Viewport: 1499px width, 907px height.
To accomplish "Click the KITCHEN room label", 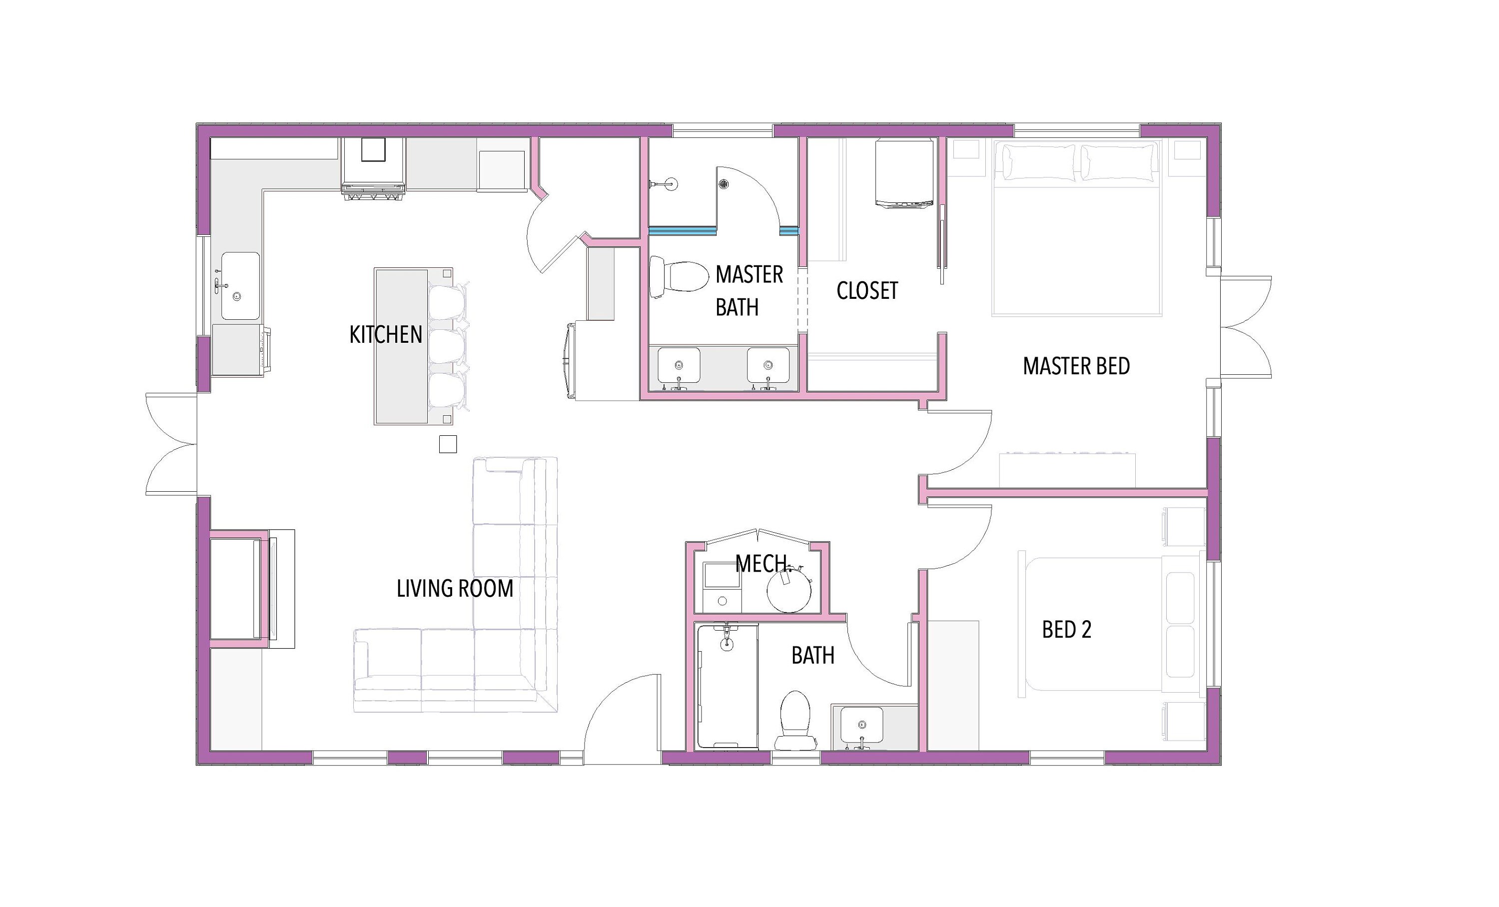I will click(x=385, y=335).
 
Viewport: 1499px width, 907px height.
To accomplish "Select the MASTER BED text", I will click(x=1076, y=366).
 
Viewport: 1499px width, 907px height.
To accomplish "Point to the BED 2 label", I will click(x=1066, y=630).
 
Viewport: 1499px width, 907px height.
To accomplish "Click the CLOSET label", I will click(x=866, y=291).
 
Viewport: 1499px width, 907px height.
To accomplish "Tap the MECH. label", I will click(x=761, y=564).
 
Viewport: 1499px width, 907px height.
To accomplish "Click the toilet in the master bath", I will click(x=680, y=277).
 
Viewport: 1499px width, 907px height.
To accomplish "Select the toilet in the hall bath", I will click(x=795, y=720).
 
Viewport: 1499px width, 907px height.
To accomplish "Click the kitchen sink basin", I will click(x=240, y=286).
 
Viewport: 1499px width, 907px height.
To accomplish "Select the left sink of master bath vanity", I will click(x=679, y=365).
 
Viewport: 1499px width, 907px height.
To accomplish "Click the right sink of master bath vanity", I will click(x=768, y=365).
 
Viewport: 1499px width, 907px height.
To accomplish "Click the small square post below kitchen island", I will click(x=448, y=444).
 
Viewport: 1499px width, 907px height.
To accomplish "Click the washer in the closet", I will click(x=904, y=173).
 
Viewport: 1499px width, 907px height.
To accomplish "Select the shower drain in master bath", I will click(x=724, y=184).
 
